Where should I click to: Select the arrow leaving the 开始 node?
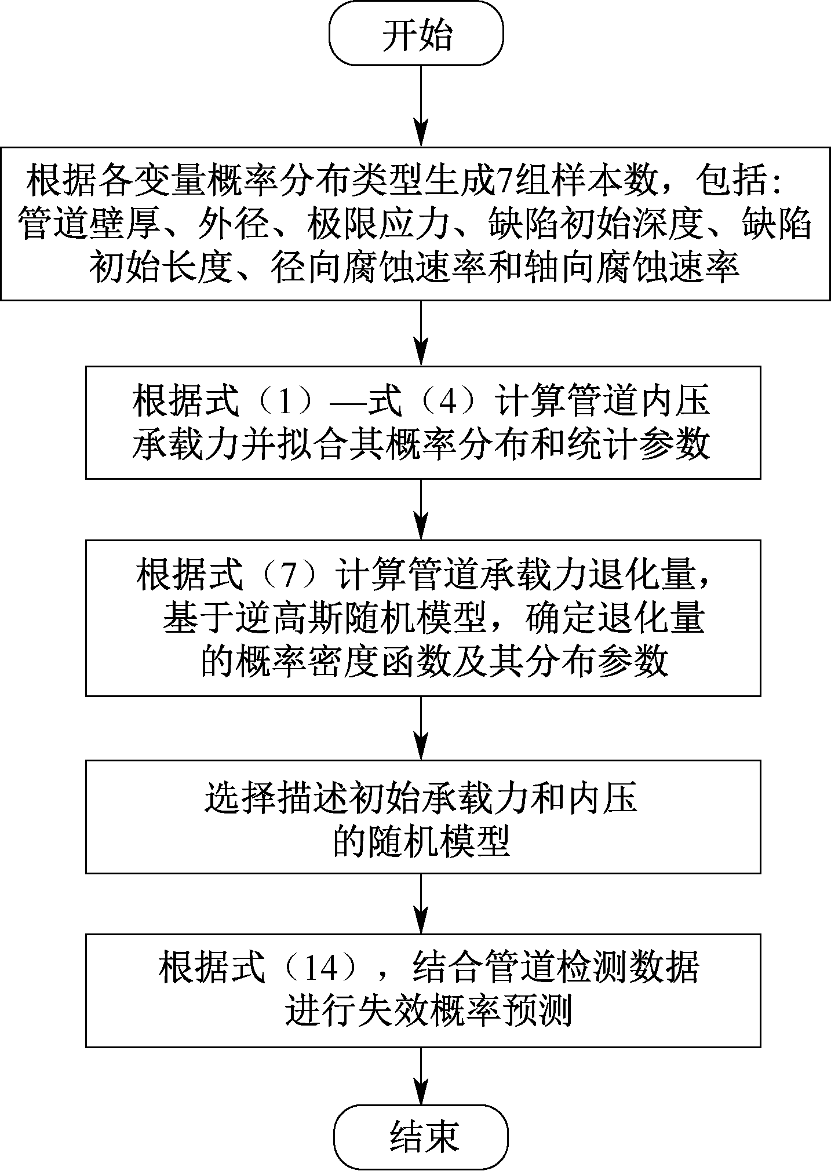(x=421, y=104)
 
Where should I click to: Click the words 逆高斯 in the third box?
(x=290, y=619)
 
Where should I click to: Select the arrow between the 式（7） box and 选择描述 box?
(x=421, y=728)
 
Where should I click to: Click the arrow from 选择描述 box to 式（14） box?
(x=421, y=903)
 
